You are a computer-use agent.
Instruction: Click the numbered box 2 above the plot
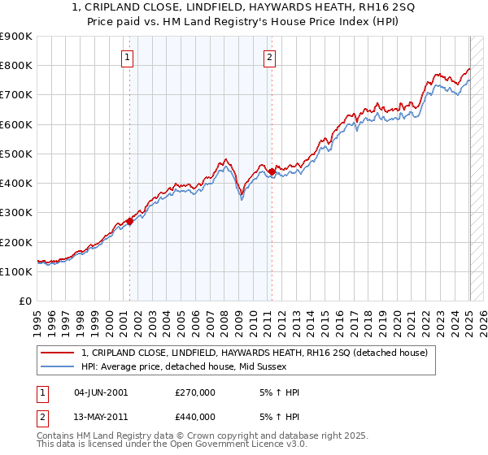point(269,57)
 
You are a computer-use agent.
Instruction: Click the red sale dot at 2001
point(129,221)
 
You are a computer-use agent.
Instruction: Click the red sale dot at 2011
point(272,171)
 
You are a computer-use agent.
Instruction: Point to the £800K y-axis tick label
point(15,66)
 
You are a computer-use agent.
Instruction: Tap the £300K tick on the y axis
point(15,213)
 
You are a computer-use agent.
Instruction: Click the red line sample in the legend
point(58,352)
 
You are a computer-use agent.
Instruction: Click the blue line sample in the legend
point(58,366)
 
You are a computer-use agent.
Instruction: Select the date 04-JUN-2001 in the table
point(100,392)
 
